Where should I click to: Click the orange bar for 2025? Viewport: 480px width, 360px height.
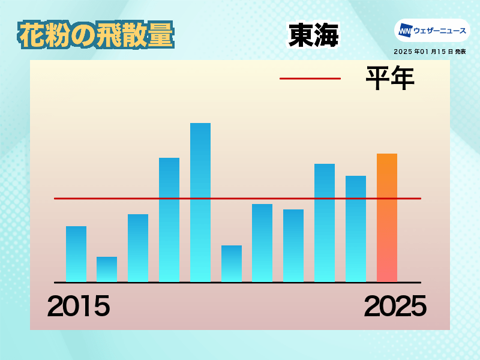(x=387, y=218)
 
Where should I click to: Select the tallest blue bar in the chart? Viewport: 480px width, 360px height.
(x=200, y=202)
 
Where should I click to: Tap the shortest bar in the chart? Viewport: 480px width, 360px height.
(x=107, y=269)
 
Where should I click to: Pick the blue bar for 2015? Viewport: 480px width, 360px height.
(x=76, y=254)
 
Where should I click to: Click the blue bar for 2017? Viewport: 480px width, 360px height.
(x=138, y=248)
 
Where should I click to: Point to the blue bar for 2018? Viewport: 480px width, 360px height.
(x=169, y=220)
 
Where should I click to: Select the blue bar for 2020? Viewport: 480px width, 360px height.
(x=232, y=263)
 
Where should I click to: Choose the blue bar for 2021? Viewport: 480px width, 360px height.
(x=262, y=243)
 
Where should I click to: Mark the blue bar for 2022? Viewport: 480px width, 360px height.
(x=293, y=245)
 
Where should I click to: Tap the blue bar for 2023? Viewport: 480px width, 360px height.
(x=325, y=223)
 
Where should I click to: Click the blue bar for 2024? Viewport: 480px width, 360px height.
(x=356, y=229)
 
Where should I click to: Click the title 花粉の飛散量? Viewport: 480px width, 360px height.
(x=96, y=35)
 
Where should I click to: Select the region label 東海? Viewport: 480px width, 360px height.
(x=313, y=35)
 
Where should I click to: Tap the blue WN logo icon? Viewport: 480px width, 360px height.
(x=405, y=31)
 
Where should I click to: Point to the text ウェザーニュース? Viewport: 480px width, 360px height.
(x=440, y=31)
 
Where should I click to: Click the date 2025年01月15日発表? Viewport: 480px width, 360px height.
(x=430, y=52)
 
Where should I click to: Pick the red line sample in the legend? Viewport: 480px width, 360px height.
(x=310, y=79)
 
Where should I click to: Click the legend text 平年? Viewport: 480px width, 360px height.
(x=390, y=78)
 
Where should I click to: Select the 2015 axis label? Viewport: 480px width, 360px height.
(x=79, y=306)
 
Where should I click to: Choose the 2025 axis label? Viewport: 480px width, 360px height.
(x=395, y=306)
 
